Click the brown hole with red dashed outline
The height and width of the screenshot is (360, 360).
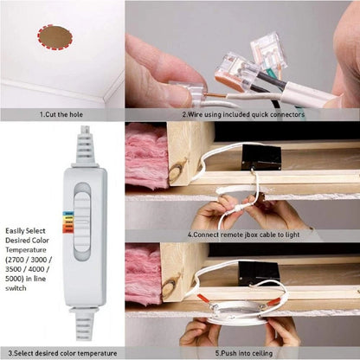[55, 37]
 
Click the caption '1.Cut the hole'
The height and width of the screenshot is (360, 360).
[61, 114]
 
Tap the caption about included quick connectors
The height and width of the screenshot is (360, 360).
[243, 114]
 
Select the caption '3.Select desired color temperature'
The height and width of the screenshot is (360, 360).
[62, 353]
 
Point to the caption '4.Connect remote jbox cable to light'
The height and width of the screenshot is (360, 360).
[243, 235]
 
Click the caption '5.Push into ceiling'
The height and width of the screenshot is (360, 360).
[244, 353]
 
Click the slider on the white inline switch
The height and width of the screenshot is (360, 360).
[82, 222]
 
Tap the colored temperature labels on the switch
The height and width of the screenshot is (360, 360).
[68, 222]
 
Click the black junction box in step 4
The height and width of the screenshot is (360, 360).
[261, 157]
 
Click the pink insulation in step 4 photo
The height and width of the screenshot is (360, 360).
[146, 156]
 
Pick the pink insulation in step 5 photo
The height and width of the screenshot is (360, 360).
[144, 273]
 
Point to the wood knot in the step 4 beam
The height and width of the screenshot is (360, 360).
[177, 171]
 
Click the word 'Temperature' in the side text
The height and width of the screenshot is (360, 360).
[26, 250]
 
